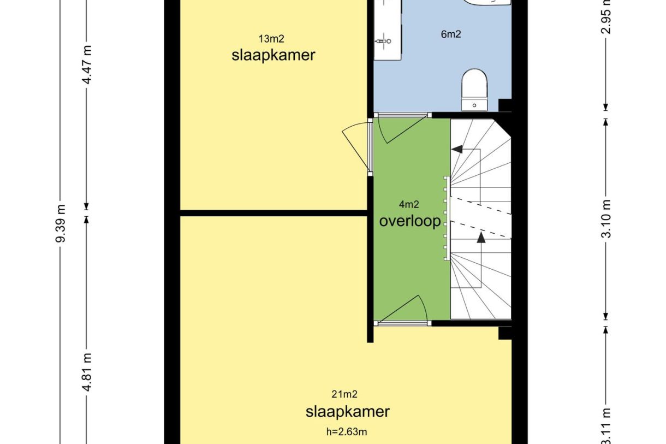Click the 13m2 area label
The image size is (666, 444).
coord(271,39)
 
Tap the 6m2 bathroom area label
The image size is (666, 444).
coord(451,34)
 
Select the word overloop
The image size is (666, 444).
coord(410,221)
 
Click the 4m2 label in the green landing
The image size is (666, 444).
coord(409,204)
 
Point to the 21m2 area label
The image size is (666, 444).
coord(344,394)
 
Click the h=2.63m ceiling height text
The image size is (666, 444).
coord(347,431)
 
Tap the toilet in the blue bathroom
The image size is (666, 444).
coord(474,90)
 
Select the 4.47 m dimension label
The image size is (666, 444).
coord(87,65)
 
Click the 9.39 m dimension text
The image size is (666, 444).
coord(61,223)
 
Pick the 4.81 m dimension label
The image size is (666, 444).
coord(87,372)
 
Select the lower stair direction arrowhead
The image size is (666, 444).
coord(481,238)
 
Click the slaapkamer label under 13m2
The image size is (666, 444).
coord(273,55)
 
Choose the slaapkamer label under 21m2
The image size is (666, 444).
coord(348,412)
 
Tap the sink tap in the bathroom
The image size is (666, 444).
coord(384,42)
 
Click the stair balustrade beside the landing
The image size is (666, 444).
coord(447,218)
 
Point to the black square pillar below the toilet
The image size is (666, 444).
coord(505,105)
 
